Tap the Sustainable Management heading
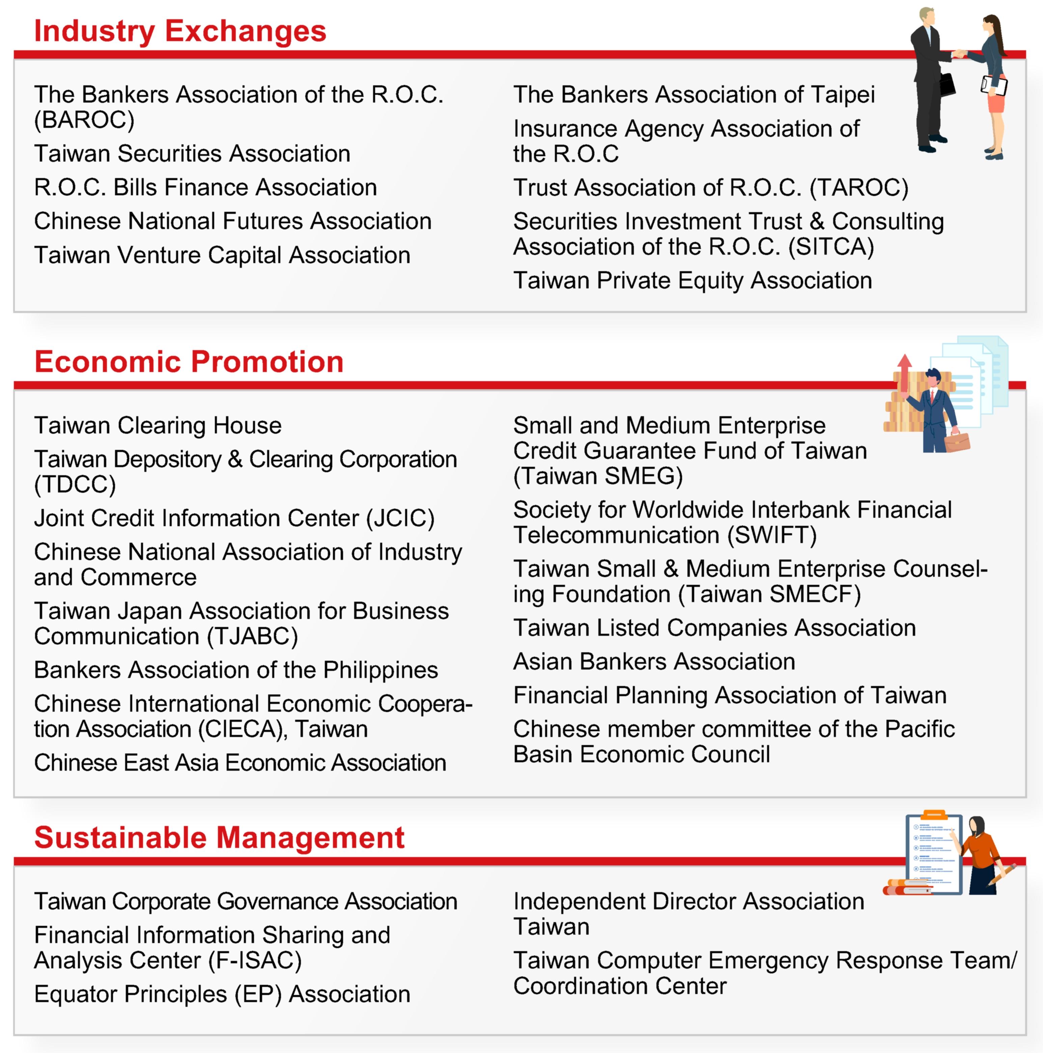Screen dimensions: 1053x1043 coord(219,837)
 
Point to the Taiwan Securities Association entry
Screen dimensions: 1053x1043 coord(192,154)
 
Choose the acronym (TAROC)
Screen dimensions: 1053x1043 coord(859,188)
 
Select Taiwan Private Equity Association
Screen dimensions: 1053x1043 coord(693,281)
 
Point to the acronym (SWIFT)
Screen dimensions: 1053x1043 coord(772,535)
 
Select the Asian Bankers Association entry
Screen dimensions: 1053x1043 coord(654,662)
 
